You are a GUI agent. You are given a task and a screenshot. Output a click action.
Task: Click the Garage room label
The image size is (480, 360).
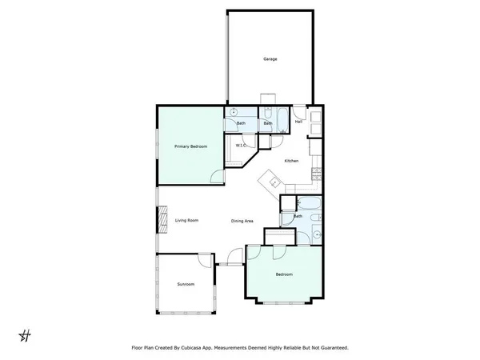270,59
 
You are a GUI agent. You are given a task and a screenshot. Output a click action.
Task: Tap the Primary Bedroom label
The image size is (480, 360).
191,147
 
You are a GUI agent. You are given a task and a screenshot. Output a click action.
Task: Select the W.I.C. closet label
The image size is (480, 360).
240,146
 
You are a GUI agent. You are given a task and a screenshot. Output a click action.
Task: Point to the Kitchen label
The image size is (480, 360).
291,162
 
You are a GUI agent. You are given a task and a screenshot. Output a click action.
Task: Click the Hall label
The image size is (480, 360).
298,122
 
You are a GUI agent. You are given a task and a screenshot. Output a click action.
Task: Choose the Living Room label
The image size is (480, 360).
187,220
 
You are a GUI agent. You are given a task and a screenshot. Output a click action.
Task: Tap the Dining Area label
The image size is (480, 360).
242,221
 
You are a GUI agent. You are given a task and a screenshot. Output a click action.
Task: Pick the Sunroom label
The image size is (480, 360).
186,284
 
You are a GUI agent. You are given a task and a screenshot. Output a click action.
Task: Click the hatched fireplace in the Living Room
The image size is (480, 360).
163,218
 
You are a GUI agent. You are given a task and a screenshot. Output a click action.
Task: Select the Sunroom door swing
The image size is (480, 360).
206,259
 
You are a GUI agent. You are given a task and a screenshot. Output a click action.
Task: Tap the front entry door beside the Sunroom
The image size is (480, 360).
233,258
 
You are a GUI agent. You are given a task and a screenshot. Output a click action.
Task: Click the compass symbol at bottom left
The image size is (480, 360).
25,334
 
